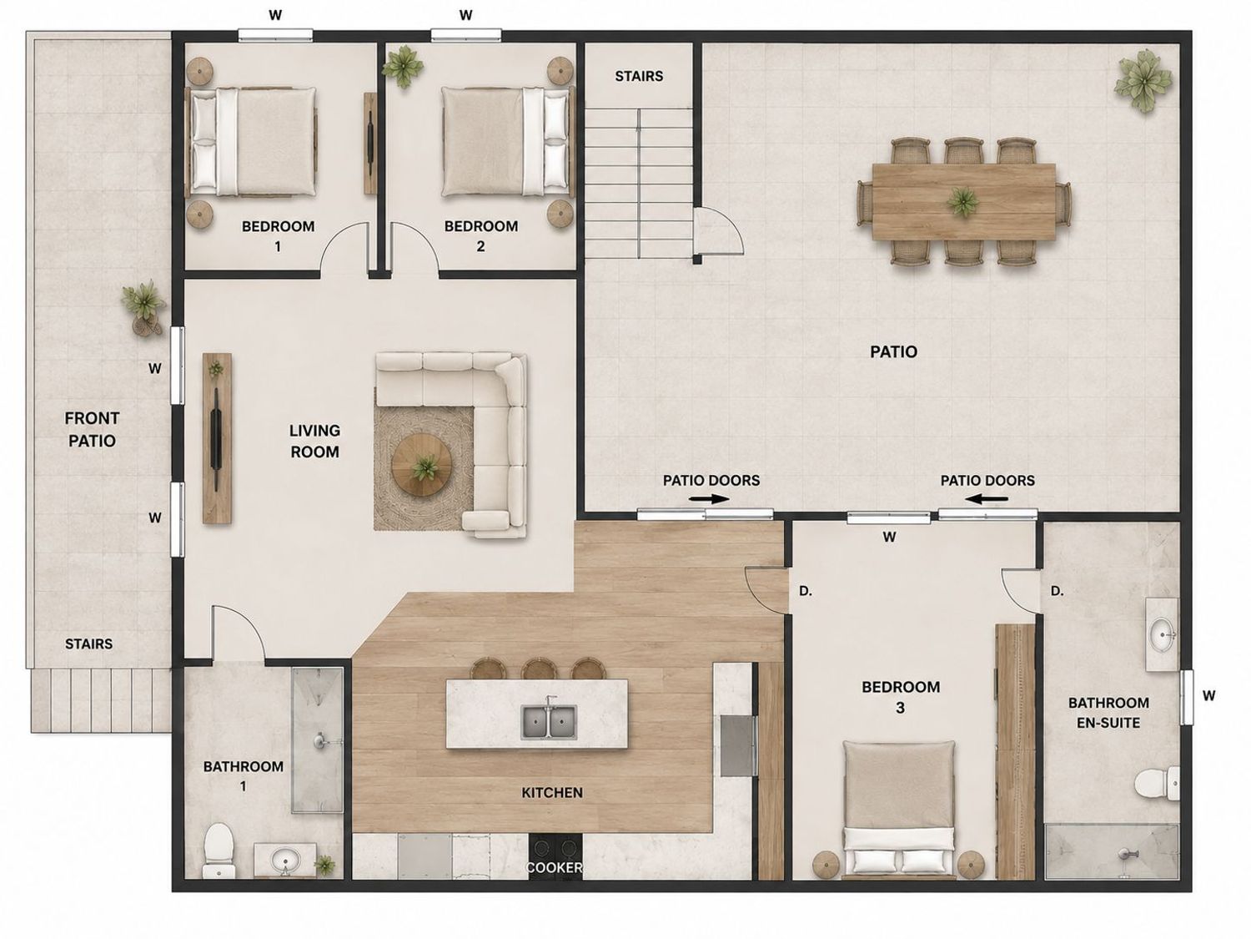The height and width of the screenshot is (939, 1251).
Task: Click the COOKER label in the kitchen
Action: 554,868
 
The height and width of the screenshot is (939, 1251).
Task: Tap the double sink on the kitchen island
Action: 549,722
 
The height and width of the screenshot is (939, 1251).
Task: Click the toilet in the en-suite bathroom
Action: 1156,784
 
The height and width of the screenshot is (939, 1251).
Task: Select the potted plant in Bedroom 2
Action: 403,67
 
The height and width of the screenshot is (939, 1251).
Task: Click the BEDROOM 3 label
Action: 901,697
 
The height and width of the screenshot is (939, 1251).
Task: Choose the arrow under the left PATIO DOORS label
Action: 710,499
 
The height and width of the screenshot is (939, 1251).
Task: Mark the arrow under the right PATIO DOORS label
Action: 987,499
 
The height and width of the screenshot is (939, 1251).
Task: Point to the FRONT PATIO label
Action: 92,429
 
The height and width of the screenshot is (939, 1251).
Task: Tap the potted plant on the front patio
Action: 143,305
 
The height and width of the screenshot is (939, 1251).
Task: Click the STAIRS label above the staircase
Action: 639,76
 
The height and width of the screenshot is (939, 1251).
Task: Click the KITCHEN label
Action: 552,792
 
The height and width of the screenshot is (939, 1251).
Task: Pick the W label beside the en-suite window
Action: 1208,695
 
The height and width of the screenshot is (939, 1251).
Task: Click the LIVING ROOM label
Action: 314,441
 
